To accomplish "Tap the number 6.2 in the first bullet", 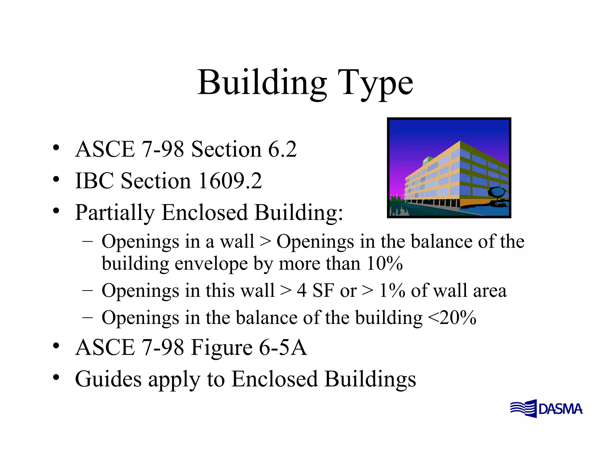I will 282,149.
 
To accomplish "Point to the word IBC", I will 94,181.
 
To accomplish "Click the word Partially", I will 115,213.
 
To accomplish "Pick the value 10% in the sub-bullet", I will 385,264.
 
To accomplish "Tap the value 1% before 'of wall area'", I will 392,290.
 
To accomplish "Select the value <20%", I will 452,318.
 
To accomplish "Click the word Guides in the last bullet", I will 108,379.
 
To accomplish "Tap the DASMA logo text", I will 560,409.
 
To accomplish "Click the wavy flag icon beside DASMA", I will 524,408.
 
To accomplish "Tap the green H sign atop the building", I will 426,161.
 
